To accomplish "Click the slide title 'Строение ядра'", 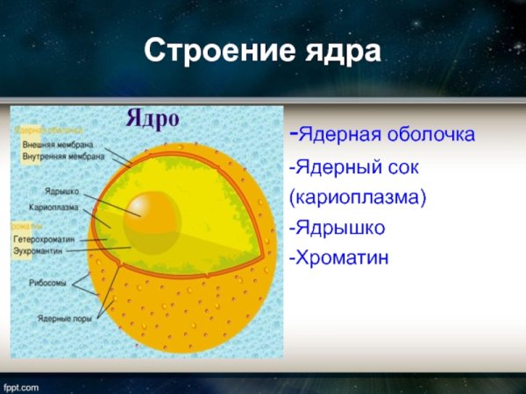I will [263, 51].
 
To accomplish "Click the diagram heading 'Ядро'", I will [153, 117].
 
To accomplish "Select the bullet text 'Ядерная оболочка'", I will [387, 136].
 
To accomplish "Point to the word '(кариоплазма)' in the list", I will [357, 197].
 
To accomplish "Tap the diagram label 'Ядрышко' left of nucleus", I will [61, 190].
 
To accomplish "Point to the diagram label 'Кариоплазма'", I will [53, 208].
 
